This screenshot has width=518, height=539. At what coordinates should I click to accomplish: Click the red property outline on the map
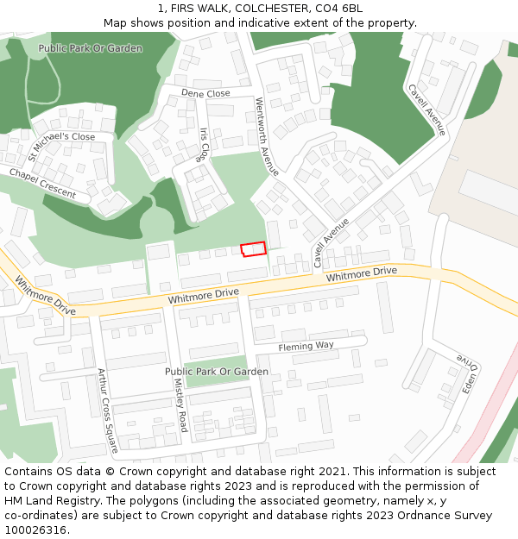[x=253, y=249]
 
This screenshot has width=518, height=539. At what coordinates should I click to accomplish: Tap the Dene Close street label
[x=205, y=93]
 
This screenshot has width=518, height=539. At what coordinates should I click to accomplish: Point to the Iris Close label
[x=205, y=145]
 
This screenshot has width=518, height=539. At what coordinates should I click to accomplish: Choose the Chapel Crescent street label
[x=42, y=184]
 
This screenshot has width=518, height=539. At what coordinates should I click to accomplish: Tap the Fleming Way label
[x=306, y=347]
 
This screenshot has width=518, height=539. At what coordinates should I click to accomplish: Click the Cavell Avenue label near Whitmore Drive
[x=331, y=241]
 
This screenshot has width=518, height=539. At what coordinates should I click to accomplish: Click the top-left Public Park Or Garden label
[x=91, y=48]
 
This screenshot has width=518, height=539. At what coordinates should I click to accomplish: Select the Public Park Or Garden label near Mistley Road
[x=217, y=372]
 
